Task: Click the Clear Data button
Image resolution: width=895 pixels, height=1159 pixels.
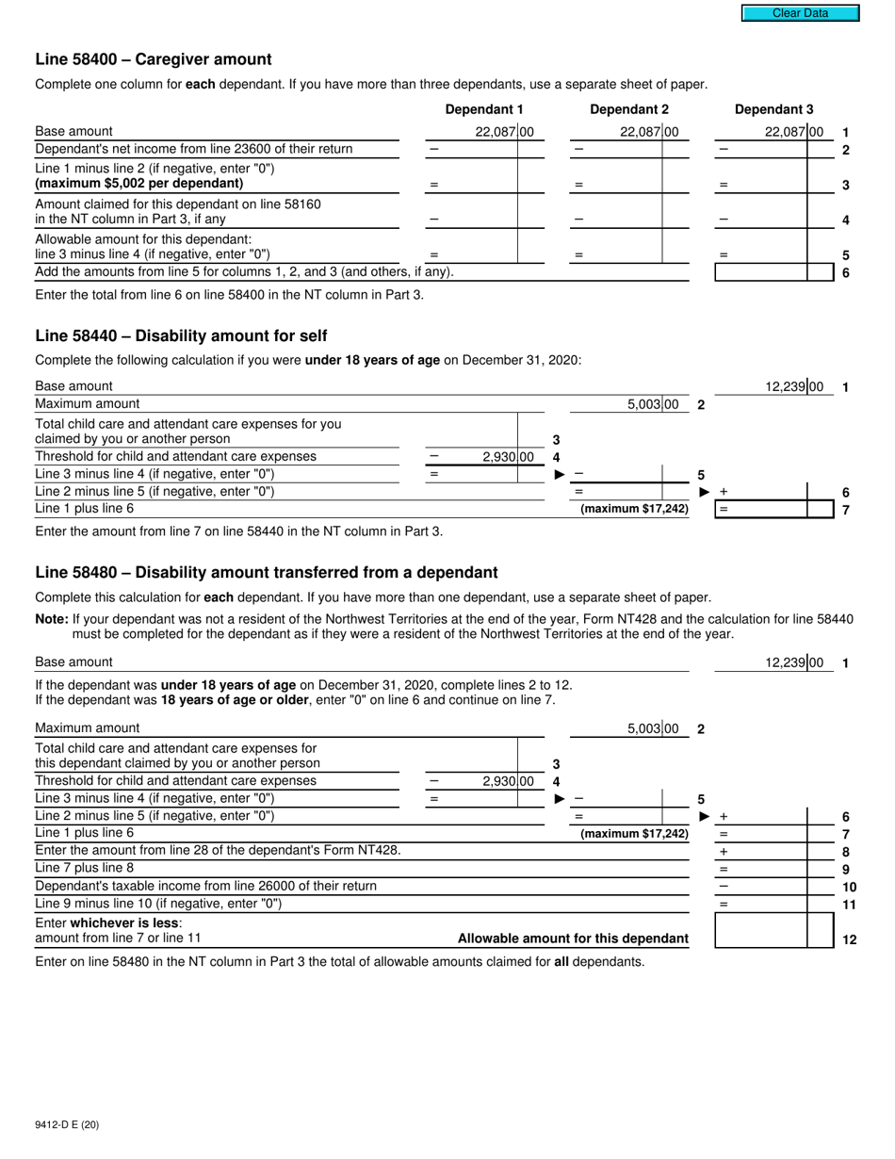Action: (800, 13)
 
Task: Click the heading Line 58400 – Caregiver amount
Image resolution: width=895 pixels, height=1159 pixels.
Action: (154, 59)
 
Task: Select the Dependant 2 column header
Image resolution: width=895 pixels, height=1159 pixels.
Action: (628, 109)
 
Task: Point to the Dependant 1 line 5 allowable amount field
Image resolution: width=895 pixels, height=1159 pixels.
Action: (484, 254)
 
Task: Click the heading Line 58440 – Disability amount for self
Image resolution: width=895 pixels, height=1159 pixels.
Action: (181, 336)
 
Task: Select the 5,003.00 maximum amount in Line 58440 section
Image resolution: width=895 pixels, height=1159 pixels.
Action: (652, 405)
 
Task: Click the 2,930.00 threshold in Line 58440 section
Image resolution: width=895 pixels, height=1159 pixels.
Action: (507, 457)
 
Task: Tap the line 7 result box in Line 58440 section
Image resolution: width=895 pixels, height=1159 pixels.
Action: (761, 510)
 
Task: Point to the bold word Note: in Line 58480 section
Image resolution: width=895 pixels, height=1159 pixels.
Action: (52, 619)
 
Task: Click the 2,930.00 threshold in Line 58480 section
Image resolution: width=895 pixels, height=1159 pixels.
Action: (507, 781)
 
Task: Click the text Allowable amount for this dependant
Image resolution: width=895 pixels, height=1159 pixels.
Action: (573, 939)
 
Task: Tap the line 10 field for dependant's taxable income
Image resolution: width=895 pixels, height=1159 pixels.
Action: (761, 887)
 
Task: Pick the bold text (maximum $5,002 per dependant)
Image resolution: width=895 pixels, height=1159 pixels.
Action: (138, 183)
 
